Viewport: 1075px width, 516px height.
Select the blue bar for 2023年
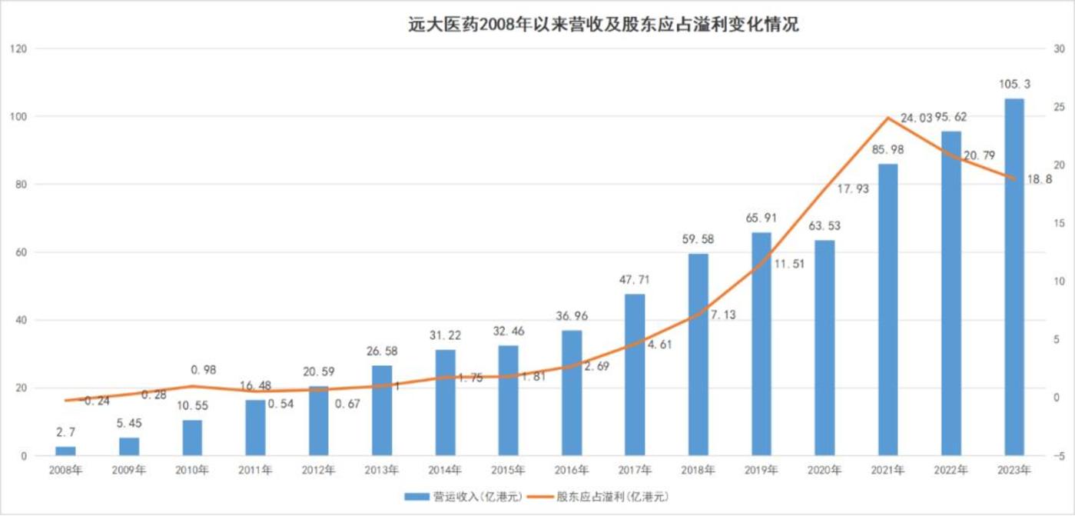pos(1014,277)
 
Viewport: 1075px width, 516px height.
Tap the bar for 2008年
pos(66,451)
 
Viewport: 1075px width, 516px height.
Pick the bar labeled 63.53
pos(824,348)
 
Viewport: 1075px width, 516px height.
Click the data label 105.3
pos(1014,84)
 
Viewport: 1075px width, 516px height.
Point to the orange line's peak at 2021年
pos(888,118)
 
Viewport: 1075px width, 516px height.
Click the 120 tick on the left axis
pos(18,49)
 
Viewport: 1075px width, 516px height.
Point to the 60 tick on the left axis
pos(21,252)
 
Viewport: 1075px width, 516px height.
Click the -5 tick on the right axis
pos(1058,456)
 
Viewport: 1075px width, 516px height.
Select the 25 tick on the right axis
pos(1059,107)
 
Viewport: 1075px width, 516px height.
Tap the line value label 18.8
pos(1039,178)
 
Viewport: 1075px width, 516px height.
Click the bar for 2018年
pos(698,355)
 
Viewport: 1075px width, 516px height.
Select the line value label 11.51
pos(786,264)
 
